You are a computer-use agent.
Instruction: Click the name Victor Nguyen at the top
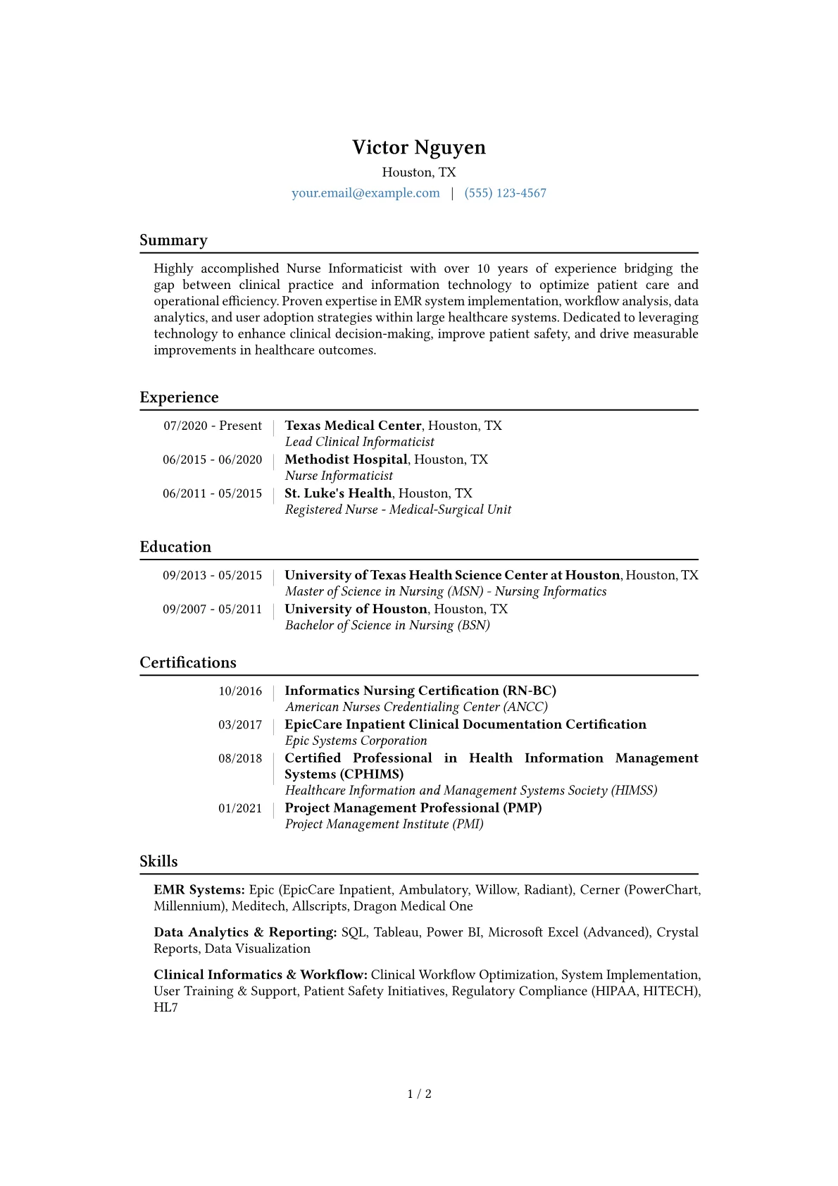(x=419, y=147)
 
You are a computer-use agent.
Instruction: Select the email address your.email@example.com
(x=365, y=193)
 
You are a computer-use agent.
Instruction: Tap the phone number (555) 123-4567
(x=505, y=193)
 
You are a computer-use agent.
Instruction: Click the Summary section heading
(x=173, y=240)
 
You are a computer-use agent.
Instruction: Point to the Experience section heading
(x=179, y=397)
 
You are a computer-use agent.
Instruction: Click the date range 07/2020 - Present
(x=213, y=426)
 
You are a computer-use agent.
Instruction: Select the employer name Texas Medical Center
(x=353, y=426)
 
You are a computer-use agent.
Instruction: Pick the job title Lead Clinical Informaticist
(x=359, y=442)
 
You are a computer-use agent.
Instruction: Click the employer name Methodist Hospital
(x=346, y=459)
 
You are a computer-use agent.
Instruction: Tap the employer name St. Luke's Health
(x=338, y=493)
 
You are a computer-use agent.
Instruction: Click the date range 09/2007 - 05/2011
(x=212, y=609)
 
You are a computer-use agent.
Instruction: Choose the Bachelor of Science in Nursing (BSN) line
(x=387, y=625)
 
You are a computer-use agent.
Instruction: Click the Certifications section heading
(x=188, y=662)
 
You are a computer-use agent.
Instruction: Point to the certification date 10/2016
(x=240, y=691)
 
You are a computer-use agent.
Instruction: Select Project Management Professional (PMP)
(x=413, y=808)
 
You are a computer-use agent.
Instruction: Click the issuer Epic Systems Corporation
(x=356, y=741)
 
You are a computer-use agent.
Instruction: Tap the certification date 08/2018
(x=240, y=758)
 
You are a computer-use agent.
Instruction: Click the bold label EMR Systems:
(x=199, y=890)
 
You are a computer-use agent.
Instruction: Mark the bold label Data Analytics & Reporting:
(x=245, y=932)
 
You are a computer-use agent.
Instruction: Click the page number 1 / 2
(x=419, y=1094)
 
